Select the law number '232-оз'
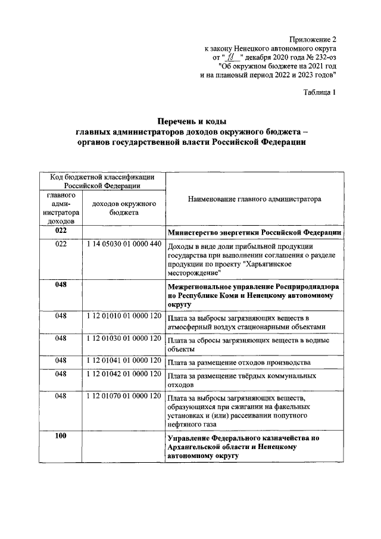coord(324,58)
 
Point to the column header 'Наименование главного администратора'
coord(254,200)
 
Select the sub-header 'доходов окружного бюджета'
coord(124,208)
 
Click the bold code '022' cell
coord(61,230)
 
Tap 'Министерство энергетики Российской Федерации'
coord(254,232)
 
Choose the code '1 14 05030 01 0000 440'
coord(124,245)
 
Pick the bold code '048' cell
coord(61,285)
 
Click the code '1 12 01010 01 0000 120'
coord(124,315)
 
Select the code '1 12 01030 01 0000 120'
coord(124,338)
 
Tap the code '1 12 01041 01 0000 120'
coord(124,360)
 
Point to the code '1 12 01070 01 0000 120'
coord(124,395)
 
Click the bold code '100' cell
coord(61,437)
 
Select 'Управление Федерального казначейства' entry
coord(244,439)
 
